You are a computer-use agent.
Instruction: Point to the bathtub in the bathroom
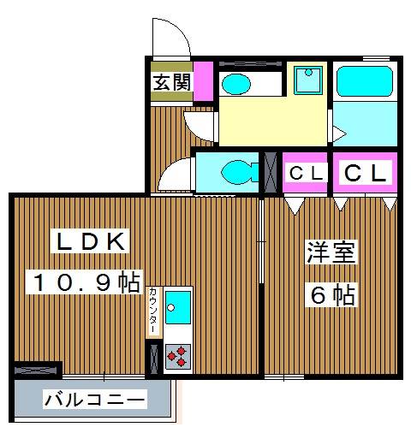point(364,81)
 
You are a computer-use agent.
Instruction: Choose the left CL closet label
point(306,174)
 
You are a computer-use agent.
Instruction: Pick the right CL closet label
point(366,174)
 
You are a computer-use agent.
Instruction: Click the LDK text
point(92,243)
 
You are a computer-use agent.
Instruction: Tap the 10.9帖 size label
point(86,283)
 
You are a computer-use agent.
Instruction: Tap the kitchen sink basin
point(178,305)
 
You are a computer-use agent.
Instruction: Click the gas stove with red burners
point(178,354)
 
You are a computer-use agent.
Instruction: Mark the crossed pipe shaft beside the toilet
point(271,171)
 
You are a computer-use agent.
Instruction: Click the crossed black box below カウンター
point(153,354)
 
